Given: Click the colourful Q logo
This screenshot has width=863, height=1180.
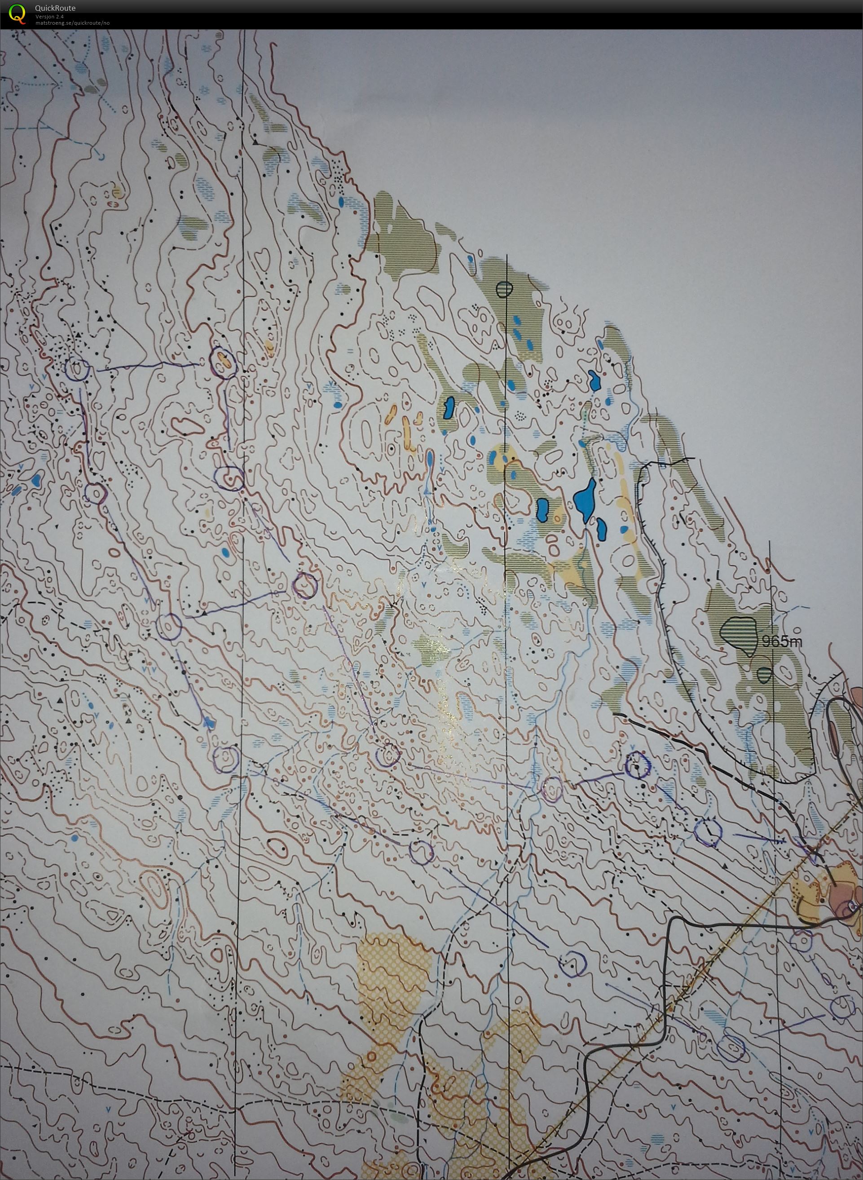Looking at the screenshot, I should [17, 13].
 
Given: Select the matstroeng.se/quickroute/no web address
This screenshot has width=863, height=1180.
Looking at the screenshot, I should [72, 22].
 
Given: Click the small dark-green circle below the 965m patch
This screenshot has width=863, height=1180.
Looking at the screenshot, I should [764, 675].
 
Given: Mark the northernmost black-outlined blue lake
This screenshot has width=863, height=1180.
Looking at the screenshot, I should [594, 380].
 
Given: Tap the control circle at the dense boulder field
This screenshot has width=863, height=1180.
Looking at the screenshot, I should [77, 369].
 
